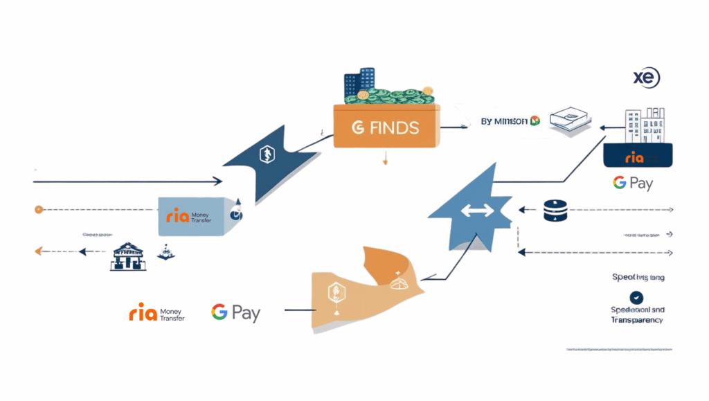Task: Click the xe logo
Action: pyautogui.click(x=646, y=78)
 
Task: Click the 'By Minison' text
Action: pyautogui.click(x=504, y=121)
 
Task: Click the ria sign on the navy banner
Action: pyautogui.click(x=634, y=158)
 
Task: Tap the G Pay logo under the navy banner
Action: pyautogui.click(x=632, y=184)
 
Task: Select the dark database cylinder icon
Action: pyautogui.click(x=555, y=211)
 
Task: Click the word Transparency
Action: pyautogui.click(x=636, y=320)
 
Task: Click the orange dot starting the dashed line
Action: pyautogui.click(x=38, y=208)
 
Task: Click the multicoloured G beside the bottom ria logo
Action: pyautogui.click(x=219, y=312)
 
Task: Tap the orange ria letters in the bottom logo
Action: pyautogui.click(x=143, y=314)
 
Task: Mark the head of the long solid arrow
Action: pyautogui.click(x=218, y=181)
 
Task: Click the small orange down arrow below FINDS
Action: pyautogui.click(x=385, y=161)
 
